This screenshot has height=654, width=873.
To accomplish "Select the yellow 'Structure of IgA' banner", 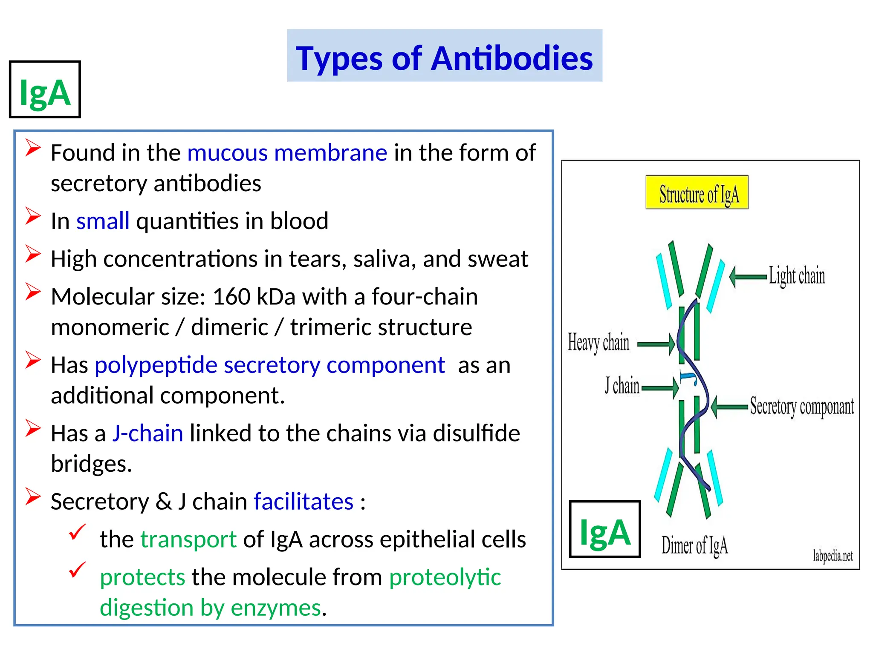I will coord(697,192).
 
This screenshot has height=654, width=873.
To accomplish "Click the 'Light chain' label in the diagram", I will coord(797,275).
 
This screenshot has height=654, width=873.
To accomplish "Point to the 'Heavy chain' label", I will coord(598,343).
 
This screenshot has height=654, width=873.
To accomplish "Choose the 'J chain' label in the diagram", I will coord(622,386).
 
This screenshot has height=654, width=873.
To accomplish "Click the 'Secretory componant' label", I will coord(802,406).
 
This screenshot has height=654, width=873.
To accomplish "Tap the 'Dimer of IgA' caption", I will coord(694,545).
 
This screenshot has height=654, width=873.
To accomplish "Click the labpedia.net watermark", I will coord(833,556).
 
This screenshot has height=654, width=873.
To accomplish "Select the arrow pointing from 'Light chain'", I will coord(748,277).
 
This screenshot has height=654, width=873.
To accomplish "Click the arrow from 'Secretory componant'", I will coord(729,407).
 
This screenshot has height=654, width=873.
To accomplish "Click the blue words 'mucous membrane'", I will coord(287,152).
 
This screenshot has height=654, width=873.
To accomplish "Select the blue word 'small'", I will coord(103,221).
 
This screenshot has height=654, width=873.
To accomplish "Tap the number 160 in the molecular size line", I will coord(231,296).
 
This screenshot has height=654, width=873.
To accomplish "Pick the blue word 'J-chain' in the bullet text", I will coord(147,433).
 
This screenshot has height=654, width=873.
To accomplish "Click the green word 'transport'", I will coord(188,539).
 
